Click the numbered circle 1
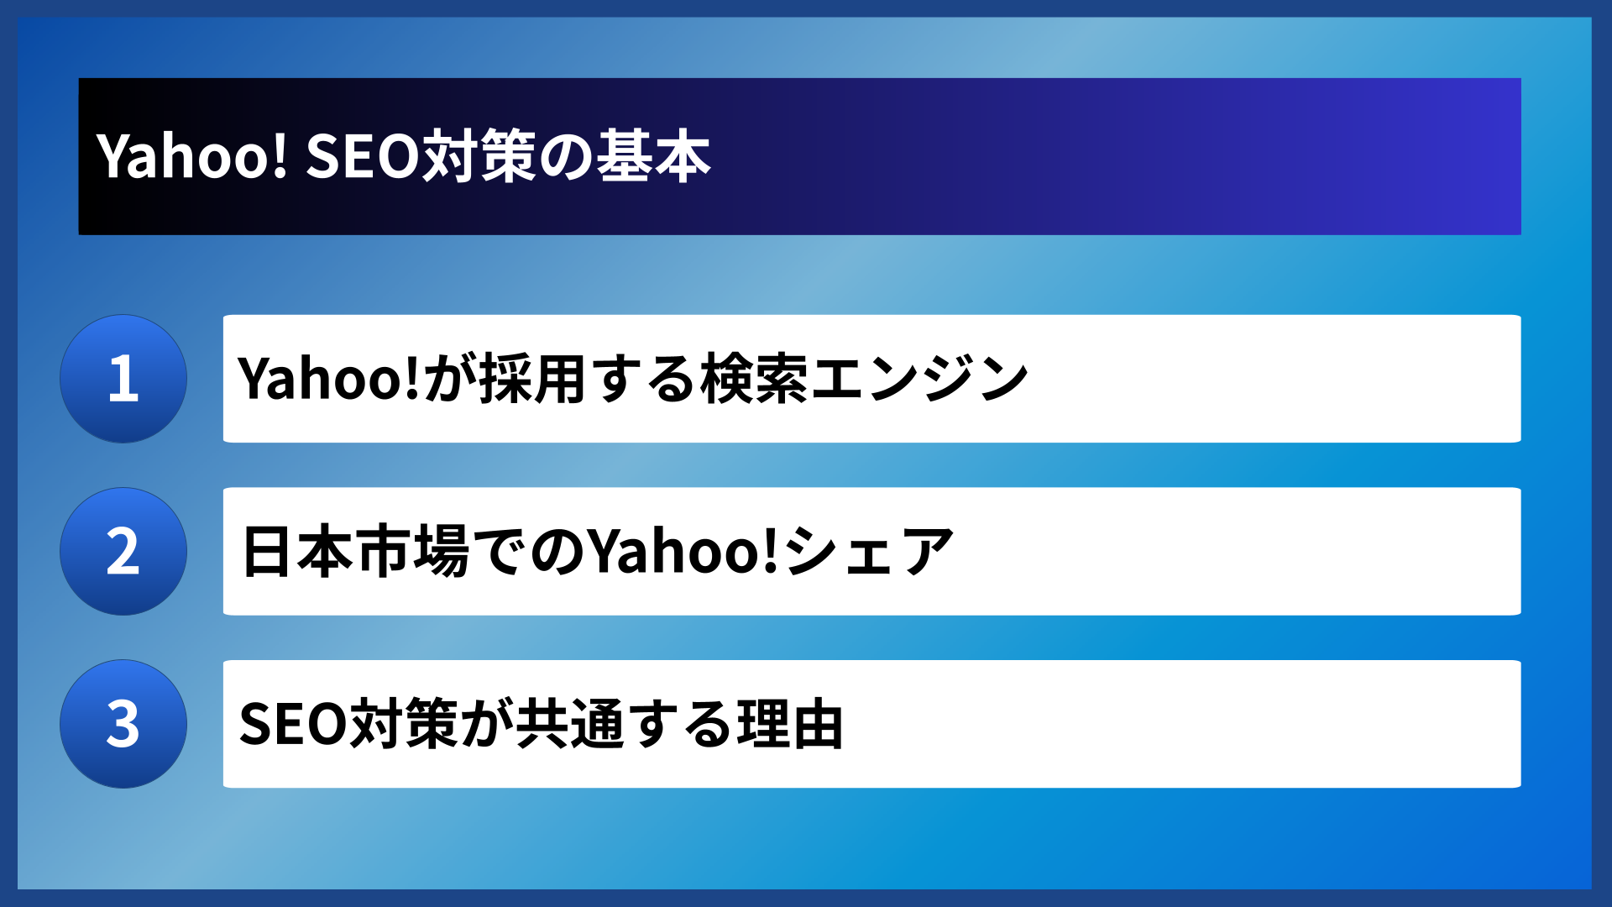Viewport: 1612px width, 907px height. pos(123,379)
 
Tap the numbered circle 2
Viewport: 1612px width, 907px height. pos(123,552)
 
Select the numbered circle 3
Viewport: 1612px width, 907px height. pos(123,724)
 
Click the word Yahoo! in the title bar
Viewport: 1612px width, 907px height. pos(192,156)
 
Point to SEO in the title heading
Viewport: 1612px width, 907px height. pos(362,156)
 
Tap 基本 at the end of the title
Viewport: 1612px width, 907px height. pos(653,156)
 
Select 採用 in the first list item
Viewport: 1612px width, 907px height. pos(532,379)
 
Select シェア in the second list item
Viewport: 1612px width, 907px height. pos(870,552)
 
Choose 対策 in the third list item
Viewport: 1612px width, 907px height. pos(405,724)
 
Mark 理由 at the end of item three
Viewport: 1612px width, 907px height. pos(790,724)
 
